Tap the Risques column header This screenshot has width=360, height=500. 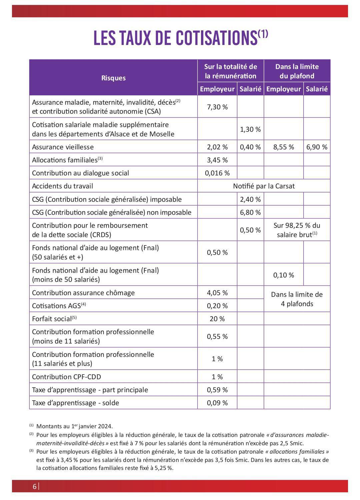tap(113, 78)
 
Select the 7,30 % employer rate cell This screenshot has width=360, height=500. tap(217, 107)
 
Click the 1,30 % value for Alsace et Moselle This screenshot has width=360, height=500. tap(250, 129)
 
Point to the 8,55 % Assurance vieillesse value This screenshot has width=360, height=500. tap(284, 147)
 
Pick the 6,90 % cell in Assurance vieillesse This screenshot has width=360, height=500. tap(317, 147)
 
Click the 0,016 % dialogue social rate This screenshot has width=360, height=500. tap(217, 173)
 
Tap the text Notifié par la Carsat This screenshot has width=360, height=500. tap(264, 186)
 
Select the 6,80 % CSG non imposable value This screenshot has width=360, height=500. tap(250, 212)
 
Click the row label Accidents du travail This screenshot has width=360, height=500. tap(62, 186)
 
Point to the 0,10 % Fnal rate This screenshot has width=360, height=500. tap(284, 275)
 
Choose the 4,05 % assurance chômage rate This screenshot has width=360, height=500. tap(217, 293)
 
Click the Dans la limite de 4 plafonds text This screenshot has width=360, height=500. tap(297, 299)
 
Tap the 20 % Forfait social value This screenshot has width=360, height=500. tap(217, 319)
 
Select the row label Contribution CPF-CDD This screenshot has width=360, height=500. tap(66, 377)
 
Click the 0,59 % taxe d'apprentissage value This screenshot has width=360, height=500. tap(217, 390)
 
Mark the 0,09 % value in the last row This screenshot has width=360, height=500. tap(217, 403)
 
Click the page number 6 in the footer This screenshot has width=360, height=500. tap(35, 486)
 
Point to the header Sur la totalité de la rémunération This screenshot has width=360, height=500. tap(230, 71)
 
